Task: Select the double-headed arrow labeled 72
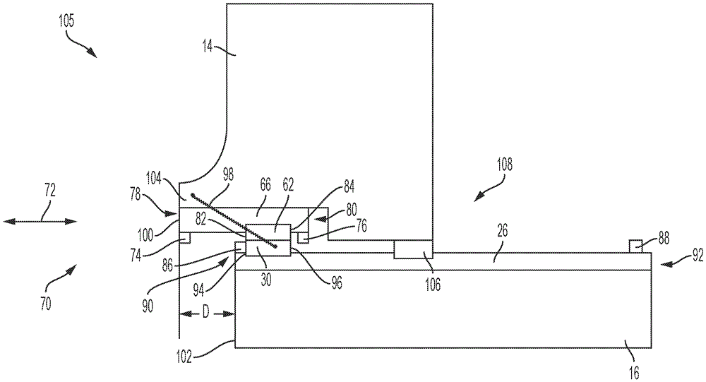point(40,221)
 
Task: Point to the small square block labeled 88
point(635,245)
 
